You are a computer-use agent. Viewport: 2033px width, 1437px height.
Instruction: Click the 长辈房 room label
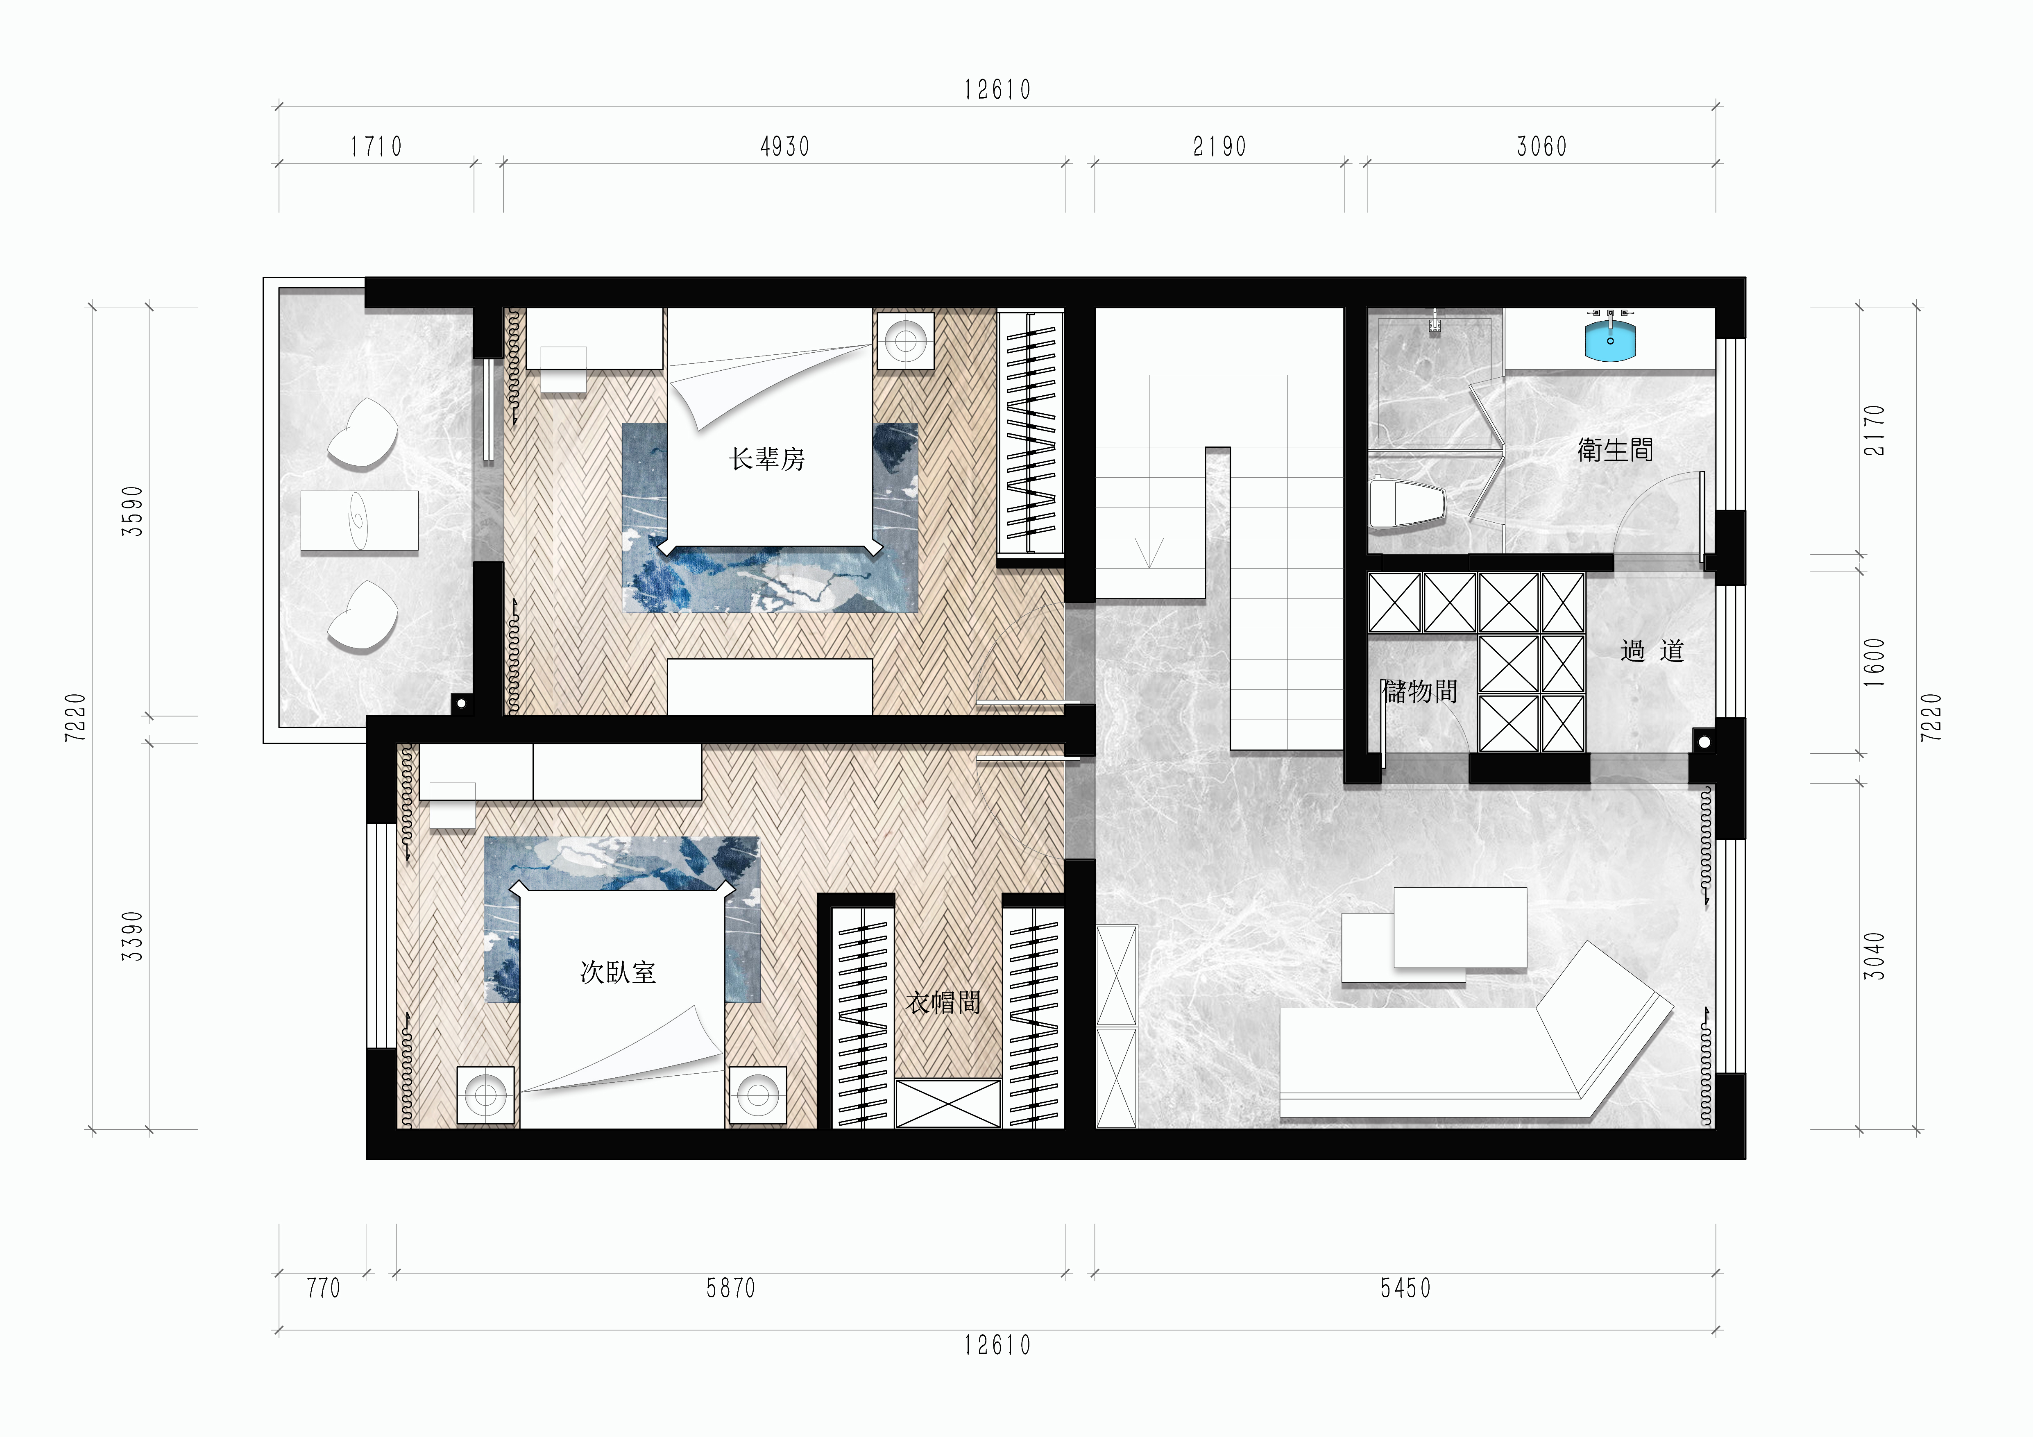point(767,459)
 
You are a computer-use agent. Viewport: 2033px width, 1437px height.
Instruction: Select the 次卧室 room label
point(618,972)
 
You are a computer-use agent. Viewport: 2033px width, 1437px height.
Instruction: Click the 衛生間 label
point(1615,450)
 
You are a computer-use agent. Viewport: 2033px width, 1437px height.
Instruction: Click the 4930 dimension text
point(784,146)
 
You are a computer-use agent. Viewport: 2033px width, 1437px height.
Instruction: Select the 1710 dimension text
point(376,146)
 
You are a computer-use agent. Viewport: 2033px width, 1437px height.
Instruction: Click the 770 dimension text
point(323,1288)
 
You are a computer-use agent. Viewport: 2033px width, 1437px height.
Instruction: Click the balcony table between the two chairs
point(360,521)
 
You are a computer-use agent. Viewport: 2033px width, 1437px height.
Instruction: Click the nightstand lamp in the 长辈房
point(906,339)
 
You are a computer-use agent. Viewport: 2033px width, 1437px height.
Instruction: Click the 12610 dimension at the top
point(998,89)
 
